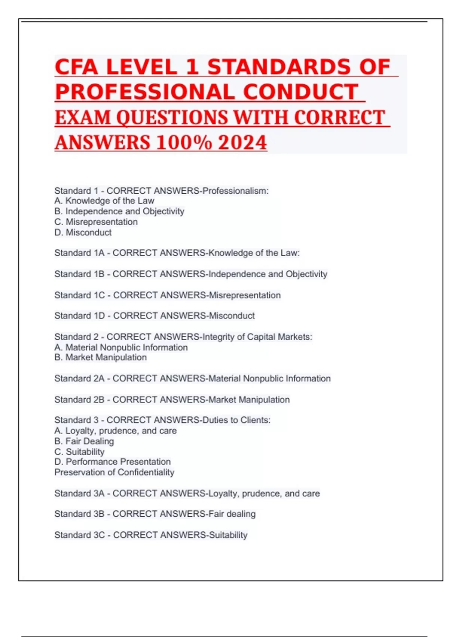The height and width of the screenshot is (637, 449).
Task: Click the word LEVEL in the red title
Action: coord(141,67)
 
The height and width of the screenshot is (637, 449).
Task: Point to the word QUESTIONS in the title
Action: coord(172,118)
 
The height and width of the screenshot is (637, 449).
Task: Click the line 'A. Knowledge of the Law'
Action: coord(104,201)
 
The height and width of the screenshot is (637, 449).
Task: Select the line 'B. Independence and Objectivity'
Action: coord(119,211)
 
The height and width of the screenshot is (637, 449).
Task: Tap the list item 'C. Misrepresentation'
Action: coord(96,222)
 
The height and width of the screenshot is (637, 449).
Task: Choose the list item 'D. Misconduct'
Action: coord(83,232)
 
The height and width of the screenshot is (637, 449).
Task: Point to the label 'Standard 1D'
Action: coord(79,316)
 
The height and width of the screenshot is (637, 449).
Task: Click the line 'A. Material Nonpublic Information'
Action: coord(121,347)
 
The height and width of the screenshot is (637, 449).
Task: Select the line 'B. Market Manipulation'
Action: coord(100,357)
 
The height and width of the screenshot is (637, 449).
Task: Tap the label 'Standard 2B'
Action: coord(79,399)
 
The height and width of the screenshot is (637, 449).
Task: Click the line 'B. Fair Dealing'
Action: coord(84,441)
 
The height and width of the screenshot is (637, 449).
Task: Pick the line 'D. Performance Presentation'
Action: coord(112,462)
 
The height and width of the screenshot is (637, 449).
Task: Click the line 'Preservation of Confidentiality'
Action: coord(114,472)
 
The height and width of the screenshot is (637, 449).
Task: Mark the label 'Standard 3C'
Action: coord(79,535)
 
